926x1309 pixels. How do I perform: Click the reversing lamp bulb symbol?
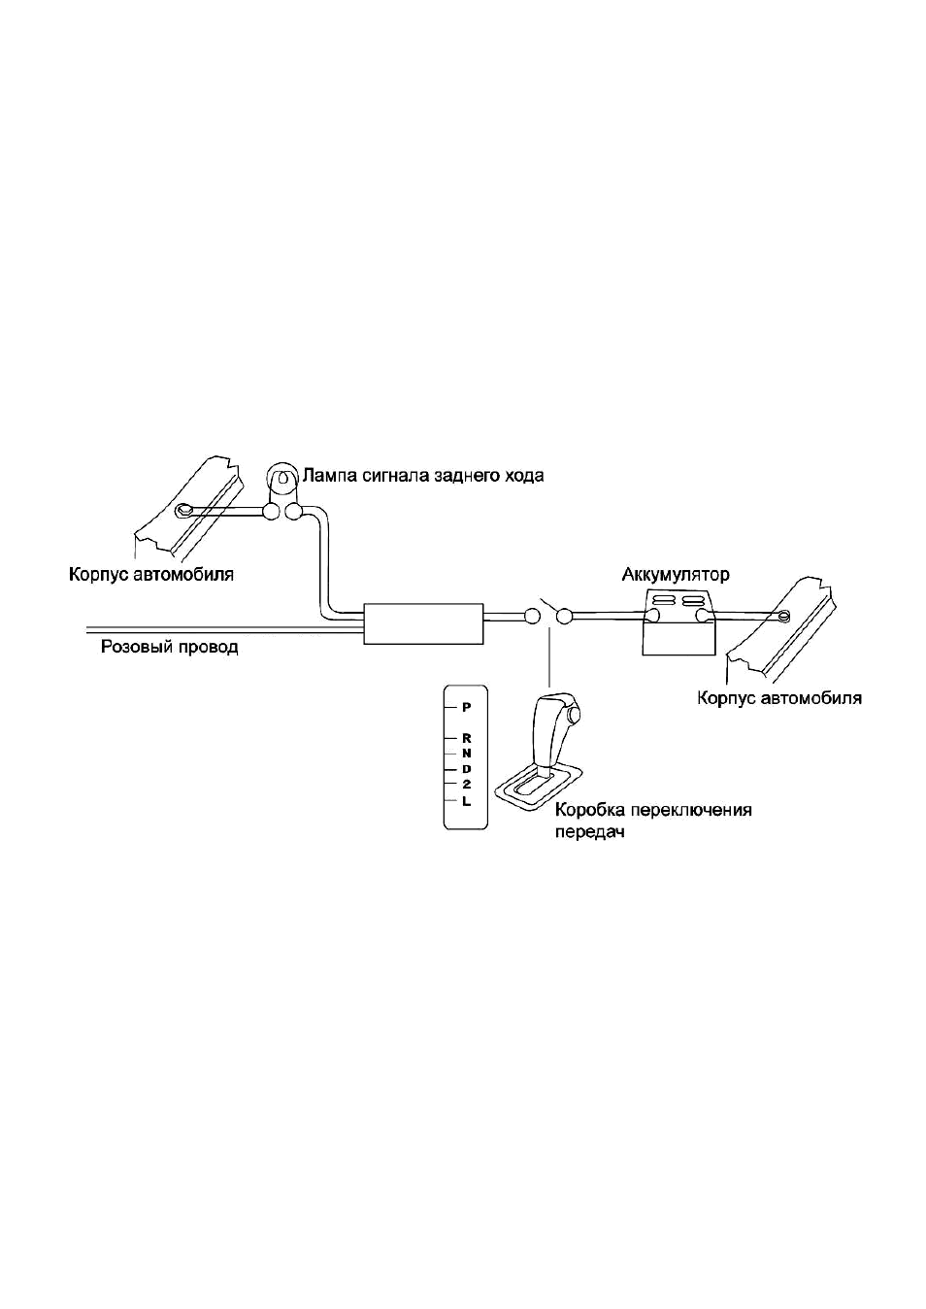(282, 479)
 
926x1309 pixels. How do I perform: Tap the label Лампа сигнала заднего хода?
(423, 476)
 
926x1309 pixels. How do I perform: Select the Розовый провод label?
(170, 648)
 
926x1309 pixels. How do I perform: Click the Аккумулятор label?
(676, 575)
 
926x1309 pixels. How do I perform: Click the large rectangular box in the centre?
(423, 623)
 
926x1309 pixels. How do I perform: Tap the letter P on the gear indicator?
(466, 707)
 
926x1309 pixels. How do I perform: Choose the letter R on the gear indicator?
(466, 739)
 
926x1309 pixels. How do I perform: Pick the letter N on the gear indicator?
(466, 754)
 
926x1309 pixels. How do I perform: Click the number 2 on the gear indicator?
(466, 785)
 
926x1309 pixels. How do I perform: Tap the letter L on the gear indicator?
(466, 802)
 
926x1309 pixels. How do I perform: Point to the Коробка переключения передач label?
(652, 821)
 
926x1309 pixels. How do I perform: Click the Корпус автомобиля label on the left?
(151, 575)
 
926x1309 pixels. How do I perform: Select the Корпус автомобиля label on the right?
(779, 698)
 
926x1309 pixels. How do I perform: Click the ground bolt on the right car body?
(784, 614)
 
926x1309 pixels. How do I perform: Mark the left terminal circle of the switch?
(532, 616)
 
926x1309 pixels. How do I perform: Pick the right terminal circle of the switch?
(564, 616)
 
